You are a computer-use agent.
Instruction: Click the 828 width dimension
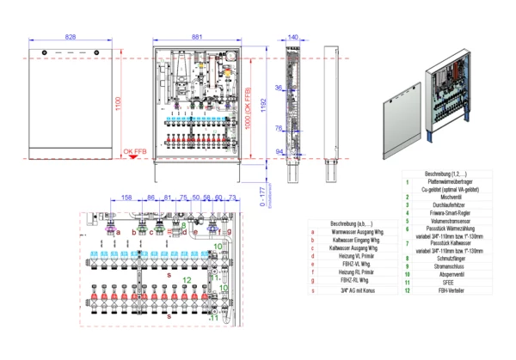tap(71, 38)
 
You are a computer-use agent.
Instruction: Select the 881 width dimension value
tap(197, 38)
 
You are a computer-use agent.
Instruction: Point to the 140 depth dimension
tap(293, 38)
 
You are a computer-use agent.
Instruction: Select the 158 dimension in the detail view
tap(126, 198)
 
